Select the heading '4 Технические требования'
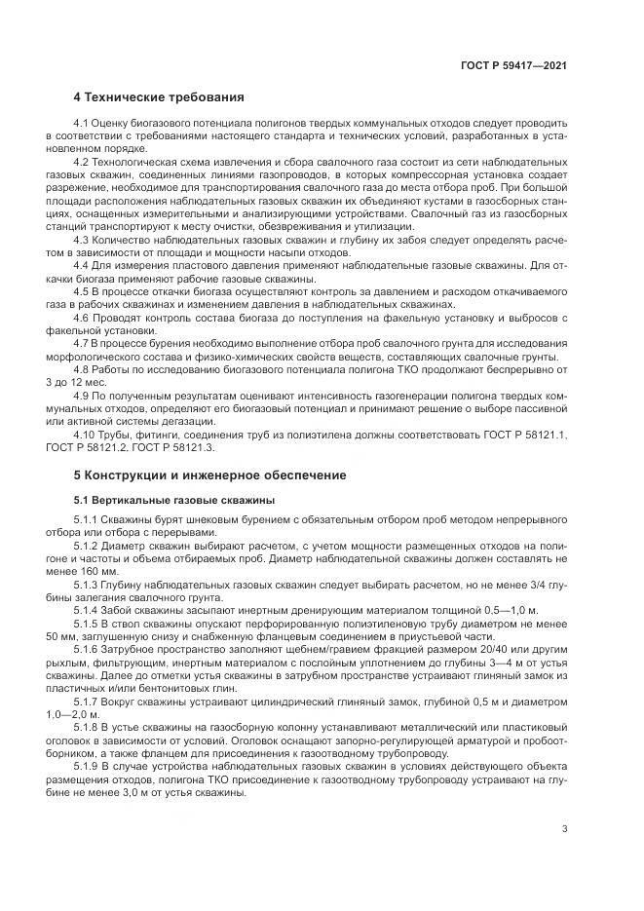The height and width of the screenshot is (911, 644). click(159, 97)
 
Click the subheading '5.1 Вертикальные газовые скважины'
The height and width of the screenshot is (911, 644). click(174, 500)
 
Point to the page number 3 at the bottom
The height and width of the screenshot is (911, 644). click(565, 830)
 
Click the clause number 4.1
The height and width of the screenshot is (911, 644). click(82, 124)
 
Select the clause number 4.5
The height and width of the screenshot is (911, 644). click(82, 291)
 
